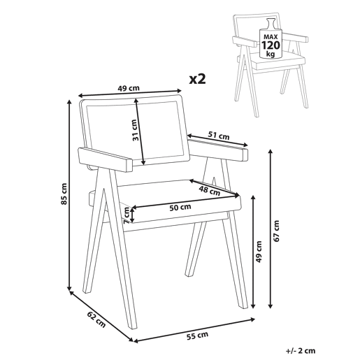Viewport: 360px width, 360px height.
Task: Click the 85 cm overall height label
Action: coord(64,194)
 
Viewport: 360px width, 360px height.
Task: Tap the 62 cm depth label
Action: coord(96,319)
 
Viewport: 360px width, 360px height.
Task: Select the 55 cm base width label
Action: coord(197,336)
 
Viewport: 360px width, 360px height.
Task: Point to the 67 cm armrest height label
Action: coord(276,231)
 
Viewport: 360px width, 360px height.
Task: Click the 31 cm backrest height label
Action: coord(136,130)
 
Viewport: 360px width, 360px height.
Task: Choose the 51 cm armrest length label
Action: coord(219,136)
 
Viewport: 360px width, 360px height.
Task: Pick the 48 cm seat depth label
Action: coord(209,191)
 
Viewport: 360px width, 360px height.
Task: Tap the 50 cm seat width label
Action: coord(180,207)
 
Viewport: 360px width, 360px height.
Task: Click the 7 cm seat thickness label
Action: coord(127,215)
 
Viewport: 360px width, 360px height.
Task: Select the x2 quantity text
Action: coord(197,79)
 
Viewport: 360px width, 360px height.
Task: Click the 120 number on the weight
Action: coord(271,45)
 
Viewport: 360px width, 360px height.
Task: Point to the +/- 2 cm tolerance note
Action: coord(301,351)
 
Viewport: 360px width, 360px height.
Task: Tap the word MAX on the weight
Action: coord(271,36)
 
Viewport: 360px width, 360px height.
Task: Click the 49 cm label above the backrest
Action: coord(129,88)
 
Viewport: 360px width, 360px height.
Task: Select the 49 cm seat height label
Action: coord(259,252)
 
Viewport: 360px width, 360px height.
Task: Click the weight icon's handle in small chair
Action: coord(271,24)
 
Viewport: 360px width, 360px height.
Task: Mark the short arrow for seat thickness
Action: coord(132,215)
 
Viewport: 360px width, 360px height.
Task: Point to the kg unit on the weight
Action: coord(271,55)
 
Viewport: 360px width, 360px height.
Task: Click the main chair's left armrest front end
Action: coord(129,165)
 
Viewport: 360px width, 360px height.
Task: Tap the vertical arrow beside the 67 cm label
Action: coord(271,229)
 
